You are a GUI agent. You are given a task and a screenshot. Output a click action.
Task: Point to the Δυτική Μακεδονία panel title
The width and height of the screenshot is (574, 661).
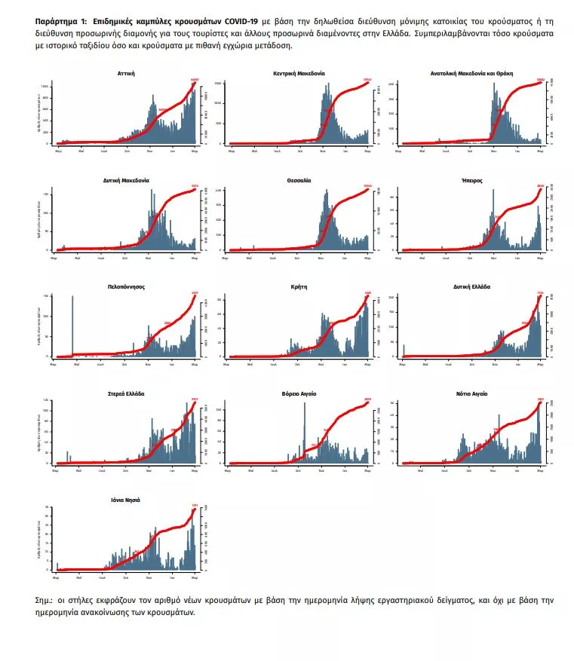[126, 181]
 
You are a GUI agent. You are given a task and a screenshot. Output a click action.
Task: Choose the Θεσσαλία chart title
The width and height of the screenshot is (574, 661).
[299, 181]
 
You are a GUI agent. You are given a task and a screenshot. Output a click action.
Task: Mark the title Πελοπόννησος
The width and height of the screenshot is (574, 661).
[126, 288]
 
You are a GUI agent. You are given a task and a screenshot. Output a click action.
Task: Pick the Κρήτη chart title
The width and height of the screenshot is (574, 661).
[299, 288]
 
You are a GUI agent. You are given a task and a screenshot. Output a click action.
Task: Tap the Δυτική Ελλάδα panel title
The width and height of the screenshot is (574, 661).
[472, 288]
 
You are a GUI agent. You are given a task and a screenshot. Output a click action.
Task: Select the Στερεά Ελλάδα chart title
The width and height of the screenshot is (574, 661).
[126, 394]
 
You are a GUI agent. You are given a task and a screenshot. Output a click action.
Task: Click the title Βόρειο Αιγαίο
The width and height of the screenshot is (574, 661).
[299, 394]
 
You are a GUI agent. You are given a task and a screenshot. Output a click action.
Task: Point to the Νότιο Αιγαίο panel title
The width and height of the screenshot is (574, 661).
[472, 394]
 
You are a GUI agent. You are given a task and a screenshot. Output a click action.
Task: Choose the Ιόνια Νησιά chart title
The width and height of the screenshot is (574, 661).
[126, 500]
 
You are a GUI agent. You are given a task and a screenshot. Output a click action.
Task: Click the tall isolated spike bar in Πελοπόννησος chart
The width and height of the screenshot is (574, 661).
[72, 324]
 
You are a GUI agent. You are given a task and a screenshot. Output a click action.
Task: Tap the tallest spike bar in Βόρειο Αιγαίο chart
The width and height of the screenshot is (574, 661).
[304, 430]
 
